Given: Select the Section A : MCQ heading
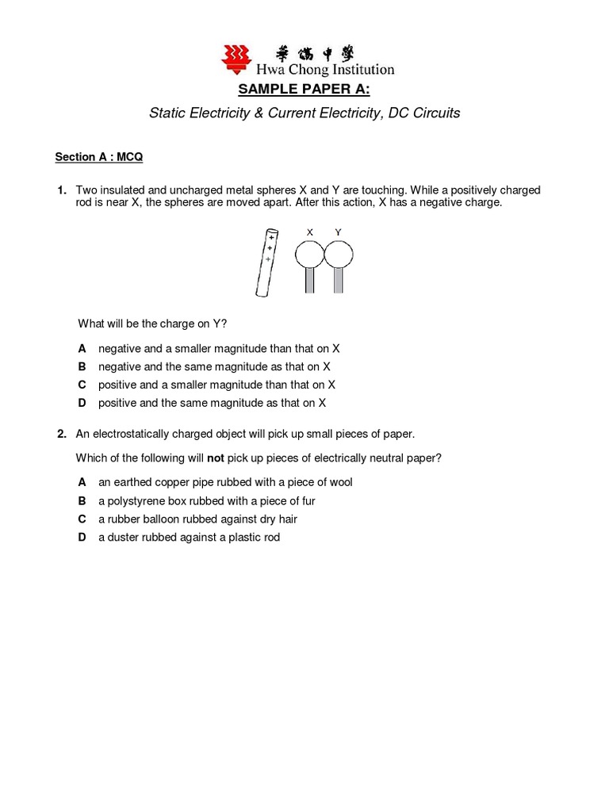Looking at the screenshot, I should click(x=99, y=157).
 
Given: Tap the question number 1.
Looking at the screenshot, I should click(x=60, y=191).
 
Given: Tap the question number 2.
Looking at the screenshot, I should click(x=60, y=434).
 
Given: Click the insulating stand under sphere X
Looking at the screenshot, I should click(x=310, y=281).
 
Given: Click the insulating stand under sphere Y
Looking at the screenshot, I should click(x=339, y=281).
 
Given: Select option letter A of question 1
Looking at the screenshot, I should click(x=82, y=349).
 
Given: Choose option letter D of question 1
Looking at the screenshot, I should click(x=82, y=403).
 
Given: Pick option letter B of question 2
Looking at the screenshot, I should click(x=82, y=500).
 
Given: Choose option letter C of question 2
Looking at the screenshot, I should click(x=82, y=519).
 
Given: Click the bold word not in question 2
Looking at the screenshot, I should click(x=216, y=458).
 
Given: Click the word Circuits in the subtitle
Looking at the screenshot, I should click(x=432, y=113).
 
